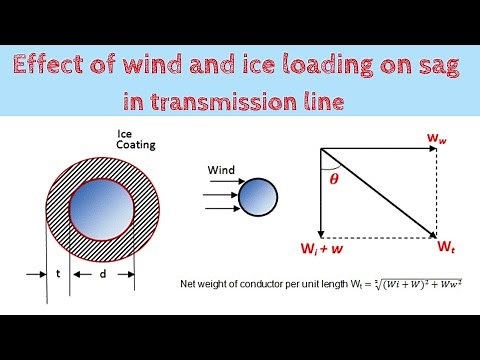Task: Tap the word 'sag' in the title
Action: [x=438, y=69]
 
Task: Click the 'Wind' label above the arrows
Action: [x=221, y=169]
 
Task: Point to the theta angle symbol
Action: [x=334, y=179]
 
